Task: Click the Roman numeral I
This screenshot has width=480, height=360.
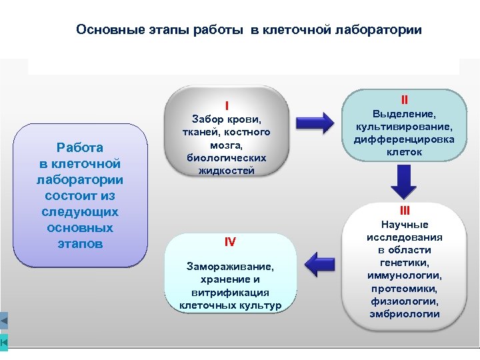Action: (x=227, y=105)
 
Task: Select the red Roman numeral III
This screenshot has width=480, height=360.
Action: (x=404, y=211)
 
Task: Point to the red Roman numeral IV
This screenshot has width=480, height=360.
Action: (x=230, y=241)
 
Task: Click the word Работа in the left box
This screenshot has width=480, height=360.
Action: (x=80, y=148)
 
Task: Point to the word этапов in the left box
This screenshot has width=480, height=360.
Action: (x=80, y=244)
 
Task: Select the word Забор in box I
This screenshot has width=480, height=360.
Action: (x=207, y=120)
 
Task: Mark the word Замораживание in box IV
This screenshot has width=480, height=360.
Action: (x=230, y=267)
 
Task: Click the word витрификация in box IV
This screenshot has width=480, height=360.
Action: (x=230, y=292)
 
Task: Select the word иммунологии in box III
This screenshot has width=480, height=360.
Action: (x=404, y=275)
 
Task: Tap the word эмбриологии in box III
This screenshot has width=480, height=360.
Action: (x=404, y=314)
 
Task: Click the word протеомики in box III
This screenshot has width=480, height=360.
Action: (x=404, y=288)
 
